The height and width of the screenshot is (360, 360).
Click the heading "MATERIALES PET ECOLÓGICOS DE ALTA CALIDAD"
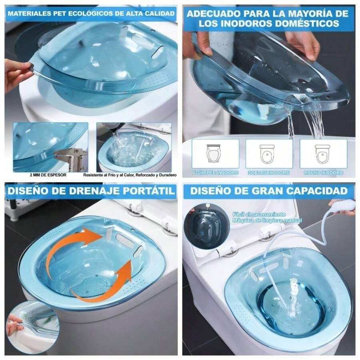coord(91,14)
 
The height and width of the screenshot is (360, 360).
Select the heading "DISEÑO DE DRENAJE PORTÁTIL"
coord(91,191)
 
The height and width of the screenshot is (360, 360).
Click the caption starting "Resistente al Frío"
coord(130,175)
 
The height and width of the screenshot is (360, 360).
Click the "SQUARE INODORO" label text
coord(269,173)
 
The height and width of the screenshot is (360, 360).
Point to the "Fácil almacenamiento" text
coord(259,214)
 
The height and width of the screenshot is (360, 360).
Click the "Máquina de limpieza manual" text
coord(267,220)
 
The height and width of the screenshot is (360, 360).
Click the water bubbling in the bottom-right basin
coord(294,298)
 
